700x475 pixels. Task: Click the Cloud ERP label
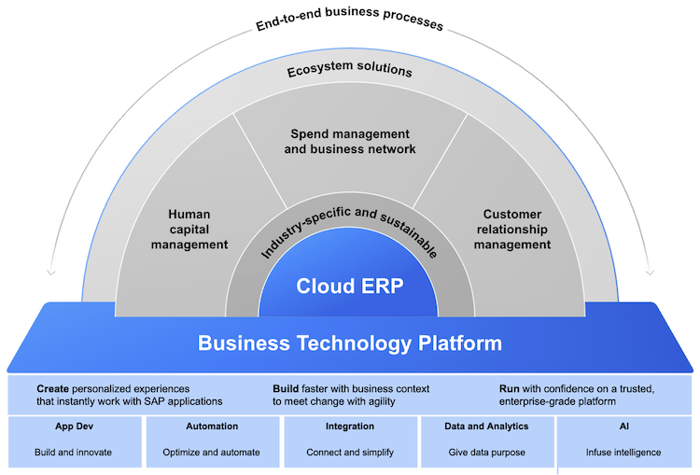point(350,286)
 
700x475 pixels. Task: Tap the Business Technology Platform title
point(350,342)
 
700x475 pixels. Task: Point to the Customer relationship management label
point(512,229)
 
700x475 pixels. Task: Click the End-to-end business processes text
point(349,19)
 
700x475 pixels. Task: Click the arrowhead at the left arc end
point(49,274)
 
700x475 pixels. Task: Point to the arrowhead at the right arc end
point(649,274)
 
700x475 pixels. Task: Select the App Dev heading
point(73,426)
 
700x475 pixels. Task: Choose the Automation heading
point(211,426)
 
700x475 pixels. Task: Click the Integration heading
point(350,426)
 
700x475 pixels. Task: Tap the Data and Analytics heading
point(487,426)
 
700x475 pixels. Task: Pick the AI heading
point(623,426)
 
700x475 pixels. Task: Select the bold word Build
point(286,387)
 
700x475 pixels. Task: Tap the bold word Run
point(511,387)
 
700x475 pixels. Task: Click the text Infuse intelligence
point(623,453)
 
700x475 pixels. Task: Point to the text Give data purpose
point(487,453)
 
